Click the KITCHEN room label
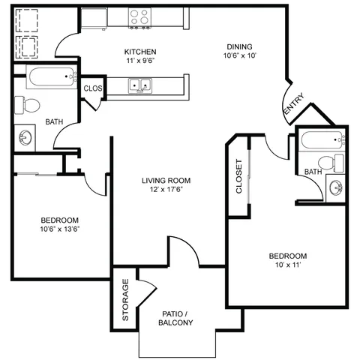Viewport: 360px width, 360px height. click(140, 52)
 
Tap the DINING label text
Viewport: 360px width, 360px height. click(239, 46)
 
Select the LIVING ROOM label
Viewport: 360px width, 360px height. click(166, 181)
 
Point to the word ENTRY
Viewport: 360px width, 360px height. click(295, 103)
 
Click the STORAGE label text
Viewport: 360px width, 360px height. click(125, 300)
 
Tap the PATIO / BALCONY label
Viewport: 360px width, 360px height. click(175, 318)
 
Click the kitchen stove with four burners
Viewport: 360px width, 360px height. click(139, 18)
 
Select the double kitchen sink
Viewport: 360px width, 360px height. click(140, 85)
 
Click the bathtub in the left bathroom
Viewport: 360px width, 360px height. click(52, 76)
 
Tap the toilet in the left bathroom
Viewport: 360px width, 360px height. click(27, 105)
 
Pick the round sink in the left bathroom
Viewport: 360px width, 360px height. click(25, 137)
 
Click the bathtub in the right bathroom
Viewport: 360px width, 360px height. click(323, 140)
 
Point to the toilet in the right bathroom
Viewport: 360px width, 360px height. click(331, 163)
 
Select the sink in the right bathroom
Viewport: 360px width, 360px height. click(336, 187)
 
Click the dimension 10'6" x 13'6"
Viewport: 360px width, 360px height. click(60, 229)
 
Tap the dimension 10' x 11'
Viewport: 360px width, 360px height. click(288, 265)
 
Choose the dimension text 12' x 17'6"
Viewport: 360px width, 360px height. click(166, 190)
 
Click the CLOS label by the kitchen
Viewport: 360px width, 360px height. click(93, 88)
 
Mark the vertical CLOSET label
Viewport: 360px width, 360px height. click(239, 176)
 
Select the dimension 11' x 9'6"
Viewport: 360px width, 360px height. click(140, 61)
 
